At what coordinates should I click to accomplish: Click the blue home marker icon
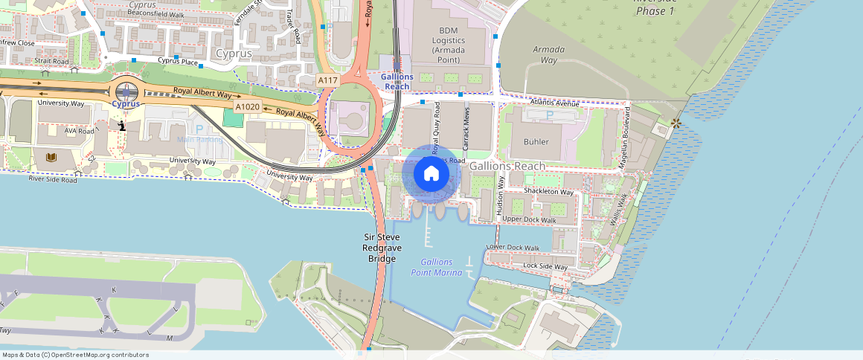tap(431, 174)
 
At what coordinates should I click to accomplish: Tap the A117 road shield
tap(327, 80)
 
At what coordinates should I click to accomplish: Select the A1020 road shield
tap(246, 107)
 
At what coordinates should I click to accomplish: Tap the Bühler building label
tap(536, 141)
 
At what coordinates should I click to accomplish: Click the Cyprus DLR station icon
tap(126, 92)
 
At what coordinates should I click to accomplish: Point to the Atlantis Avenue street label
tap(554, 103)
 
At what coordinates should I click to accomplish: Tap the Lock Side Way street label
tap(545, 266)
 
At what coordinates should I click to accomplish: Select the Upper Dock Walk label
tap(529, 219)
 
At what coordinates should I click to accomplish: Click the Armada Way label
tap(548, 54)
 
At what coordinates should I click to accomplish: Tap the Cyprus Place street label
tap(177, 62)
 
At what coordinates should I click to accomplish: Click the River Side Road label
tap(52, 179)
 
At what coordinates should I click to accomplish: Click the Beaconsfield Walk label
tap(155, 13)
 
